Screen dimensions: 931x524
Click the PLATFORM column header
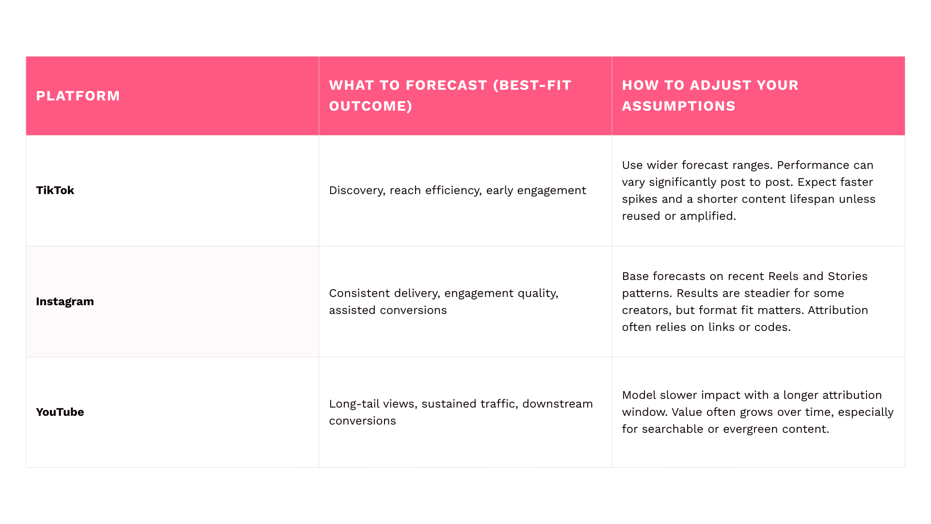[78, 96]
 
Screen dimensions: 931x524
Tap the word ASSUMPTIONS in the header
[679, 106]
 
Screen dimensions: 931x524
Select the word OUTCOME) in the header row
[371, 106]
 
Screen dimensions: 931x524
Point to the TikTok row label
[55, 190]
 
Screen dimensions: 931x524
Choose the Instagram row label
[65, 301]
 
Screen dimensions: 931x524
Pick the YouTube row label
[60, 412]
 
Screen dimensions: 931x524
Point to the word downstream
[558, 404]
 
